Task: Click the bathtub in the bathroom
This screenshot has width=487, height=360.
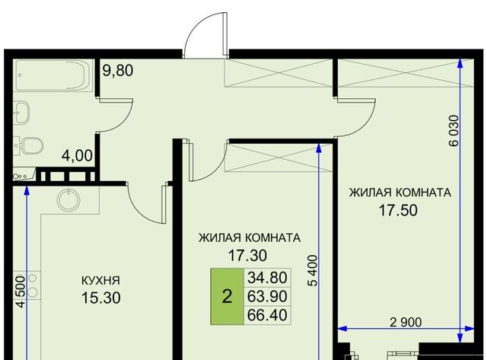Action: [54, 75]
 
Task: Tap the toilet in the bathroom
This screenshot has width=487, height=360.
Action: [30, 145]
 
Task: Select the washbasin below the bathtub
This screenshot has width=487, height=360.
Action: [22, 112]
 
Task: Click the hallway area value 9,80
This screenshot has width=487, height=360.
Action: [118, 70]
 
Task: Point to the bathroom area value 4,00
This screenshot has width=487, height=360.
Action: [77, 155]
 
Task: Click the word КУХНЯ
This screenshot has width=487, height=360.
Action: [100, 281]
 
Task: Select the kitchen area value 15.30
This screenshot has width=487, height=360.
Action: [101, 298]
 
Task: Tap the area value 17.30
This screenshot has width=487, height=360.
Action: [247, 256]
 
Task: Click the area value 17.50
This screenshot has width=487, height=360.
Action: [398, 210]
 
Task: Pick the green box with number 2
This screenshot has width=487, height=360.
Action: [227, 296]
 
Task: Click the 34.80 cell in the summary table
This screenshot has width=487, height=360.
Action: [267, 277]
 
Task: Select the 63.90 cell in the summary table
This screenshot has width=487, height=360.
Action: [267, 296]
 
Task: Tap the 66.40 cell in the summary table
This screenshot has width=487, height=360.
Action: [267, 315]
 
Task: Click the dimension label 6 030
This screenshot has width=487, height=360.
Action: [454, 131]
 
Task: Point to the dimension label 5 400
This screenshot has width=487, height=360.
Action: [314, 270]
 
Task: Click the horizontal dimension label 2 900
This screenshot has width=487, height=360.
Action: [406, 323]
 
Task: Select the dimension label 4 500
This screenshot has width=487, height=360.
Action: [21, 292]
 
